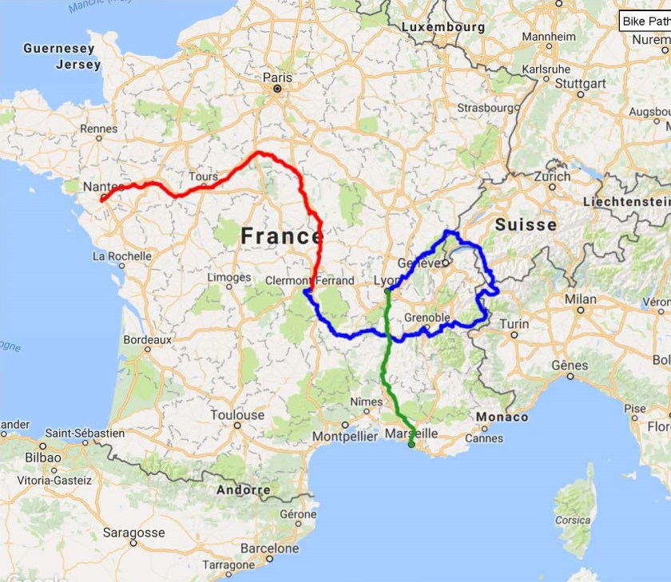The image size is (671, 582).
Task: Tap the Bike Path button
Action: [645, 22]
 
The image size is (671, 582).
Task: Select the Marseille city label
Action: [411, 433]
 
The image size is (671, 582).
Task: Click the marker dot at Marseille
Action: [411, 445]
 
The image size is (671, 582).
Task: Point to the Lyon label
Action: [388, 281]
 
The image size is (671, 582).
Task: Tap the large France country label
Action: [281, 236]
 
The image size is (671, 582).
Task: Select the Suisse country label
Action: [526, 225]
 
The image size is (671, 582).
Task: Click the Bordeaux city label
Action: [147, 339]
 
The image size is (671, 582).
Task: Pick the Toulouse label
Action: [237, 415]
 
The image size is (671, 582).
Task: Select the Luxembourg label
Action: [443, 26]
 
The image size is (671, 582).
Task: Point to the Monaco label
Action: [502, 417]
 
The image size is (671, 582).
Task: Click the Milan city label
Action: [580, 299]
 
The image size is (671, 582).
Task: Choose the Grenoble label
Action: [427, 318]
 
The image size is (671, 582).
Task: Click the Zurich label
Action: [553, 176]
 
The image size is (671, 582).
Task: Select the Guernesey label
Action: [59, 49]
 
